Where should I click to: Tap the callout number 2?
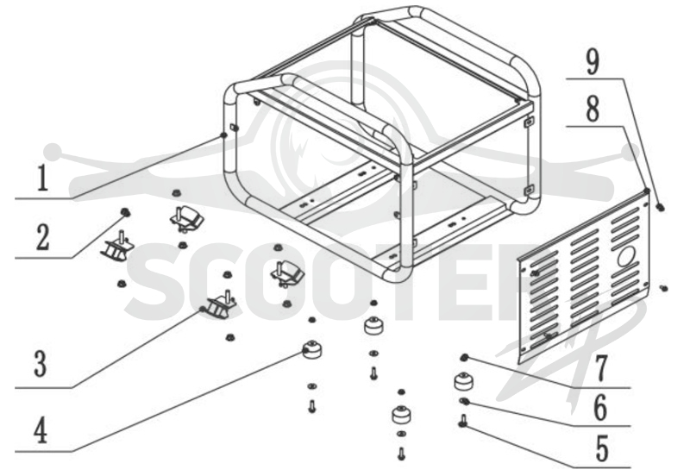42,237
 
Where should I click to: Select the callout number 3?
41,363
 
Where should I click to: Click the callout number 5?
602,448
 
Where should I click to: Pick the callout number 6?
600,407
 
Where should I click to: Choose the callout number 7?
601,367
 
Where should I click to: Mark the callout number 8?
593,109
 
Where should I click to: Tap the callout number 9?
593,61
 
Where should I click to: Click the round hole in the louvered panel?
627,256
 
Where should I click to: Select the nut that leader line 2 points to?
125,212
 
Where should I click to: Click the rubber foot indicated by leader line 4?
311,350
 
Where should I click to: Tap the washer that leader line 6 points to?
464,401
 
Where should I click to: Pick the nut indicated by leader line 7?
463,358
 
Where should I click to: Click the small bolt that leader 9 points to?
660,206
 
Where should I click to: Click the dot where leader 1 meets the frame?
224,135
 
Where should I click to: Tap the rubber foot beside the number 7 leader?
463,381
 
